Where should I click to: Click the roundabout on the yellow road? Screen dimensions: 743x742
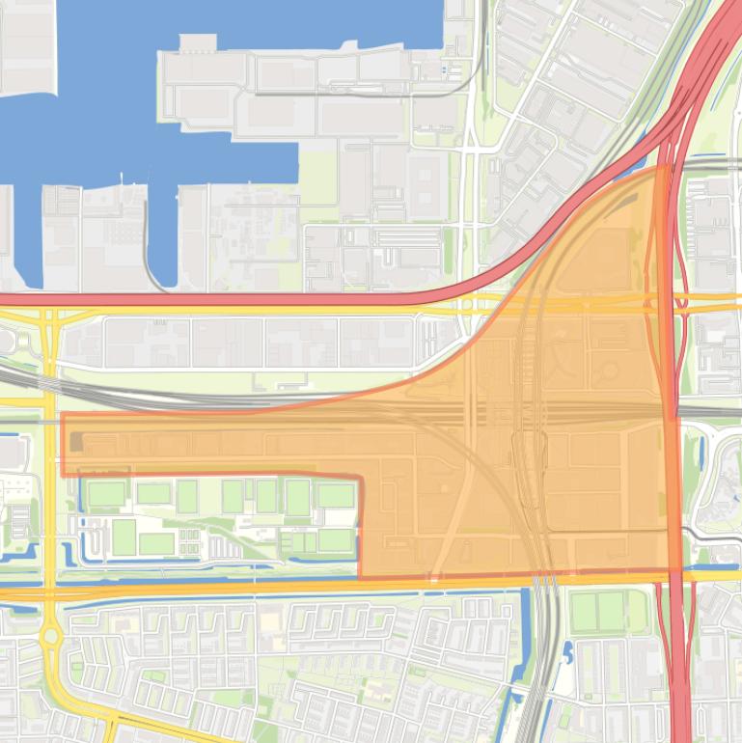[x=50, y=636]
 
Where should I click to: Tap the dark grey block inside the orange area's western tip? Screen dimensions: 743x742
[x=76, y=443]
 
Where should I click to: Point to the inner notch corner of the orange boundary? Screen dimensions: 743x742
[x=360, y=477]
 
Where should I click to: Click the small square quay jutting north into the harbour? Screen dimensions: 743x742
[x=198, y=43]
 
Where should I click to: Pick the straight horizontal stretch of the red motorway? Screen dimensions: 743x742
[x=241, y=300]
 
